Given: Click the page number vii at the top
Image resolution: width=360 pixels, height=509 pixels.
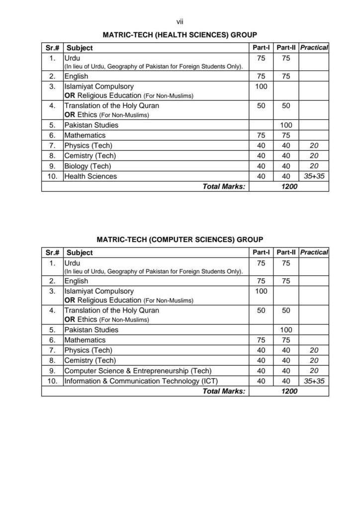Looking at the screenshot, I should tap(180, 21).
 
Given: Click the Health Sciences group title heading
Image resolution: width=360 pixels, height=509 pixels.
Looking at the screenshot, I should tap(180, 35).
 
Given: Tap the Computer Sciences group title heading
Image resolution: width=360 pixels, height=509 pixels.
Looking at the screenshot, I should tap(180, 239).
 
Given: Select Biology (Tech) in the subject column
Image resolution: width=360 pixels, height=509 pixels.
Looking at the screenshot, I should tap(88, 166).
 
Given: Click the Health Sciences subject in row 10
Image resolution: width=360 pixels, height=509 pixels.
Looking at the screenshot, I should tap(90, 176).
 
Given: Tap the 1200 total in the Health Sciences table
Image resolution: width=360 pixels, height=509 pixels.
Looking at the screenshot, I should tap(289, 186).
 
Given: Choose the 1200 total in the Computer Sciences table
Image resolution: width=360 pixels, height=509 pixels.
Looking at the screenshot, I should tap(289, 391).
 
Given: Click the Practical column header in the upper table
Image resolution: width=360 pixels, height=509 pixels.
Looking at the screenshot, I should tap(314, 48).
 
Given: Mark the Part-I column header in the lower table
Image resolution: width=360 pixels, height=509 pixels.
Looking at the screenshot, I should tap(261, 253).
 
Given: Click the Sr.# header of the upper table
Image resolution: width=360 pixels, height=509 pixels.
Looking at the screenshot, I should tap(52, 48).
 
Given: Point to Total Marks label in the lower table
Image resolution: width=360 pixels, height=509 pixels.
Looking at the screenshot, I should tap(224, 391).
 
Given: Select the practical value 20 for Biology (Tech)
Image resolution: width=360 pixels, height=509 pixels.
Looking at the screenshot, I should tap(314, 166).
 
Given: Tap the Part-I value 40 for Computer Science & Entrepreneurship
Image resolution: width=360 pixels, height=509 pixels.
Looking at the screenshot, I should tap(261, 371).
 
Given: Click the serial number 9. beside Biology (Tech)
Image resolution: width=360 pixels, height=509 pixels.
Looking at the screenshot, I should tap(52, 166).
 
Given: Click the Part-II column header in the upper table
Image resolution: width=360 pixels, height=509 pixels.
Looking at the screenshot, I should tap(286, 48).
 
